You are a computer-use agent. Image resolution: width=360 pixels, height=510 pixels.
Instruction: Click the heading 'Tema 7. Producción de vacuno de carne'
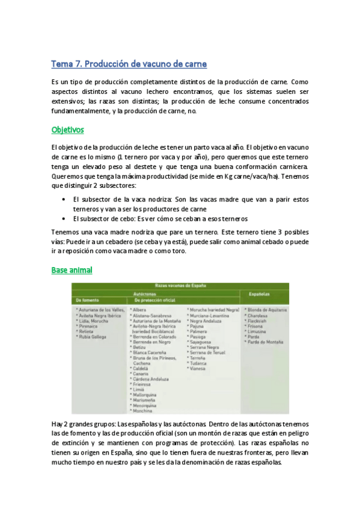[x=129, y=64]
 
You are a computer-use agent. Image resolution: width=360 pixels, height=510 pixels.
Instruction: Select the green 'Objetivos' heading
[x=68, y=129]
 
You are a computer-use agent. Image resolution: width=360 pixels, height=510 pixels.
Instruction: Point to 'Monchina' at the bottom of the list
[x=143, y=410]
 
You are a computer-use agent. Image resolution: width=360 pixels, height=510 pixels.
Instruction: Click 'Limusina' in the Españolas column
[x=259, y=331]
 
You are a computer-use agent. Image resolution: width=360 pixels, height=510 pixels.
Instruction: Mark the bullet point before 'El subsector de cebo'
[x=64, y=219]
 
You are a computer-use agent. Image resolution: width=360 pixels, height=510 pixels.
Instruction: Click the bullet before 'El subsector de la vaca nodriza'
[x=64, y=198]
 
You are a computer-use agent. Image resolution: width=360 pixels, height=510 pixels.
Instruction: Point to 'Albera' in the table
[x=139, y=309]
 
